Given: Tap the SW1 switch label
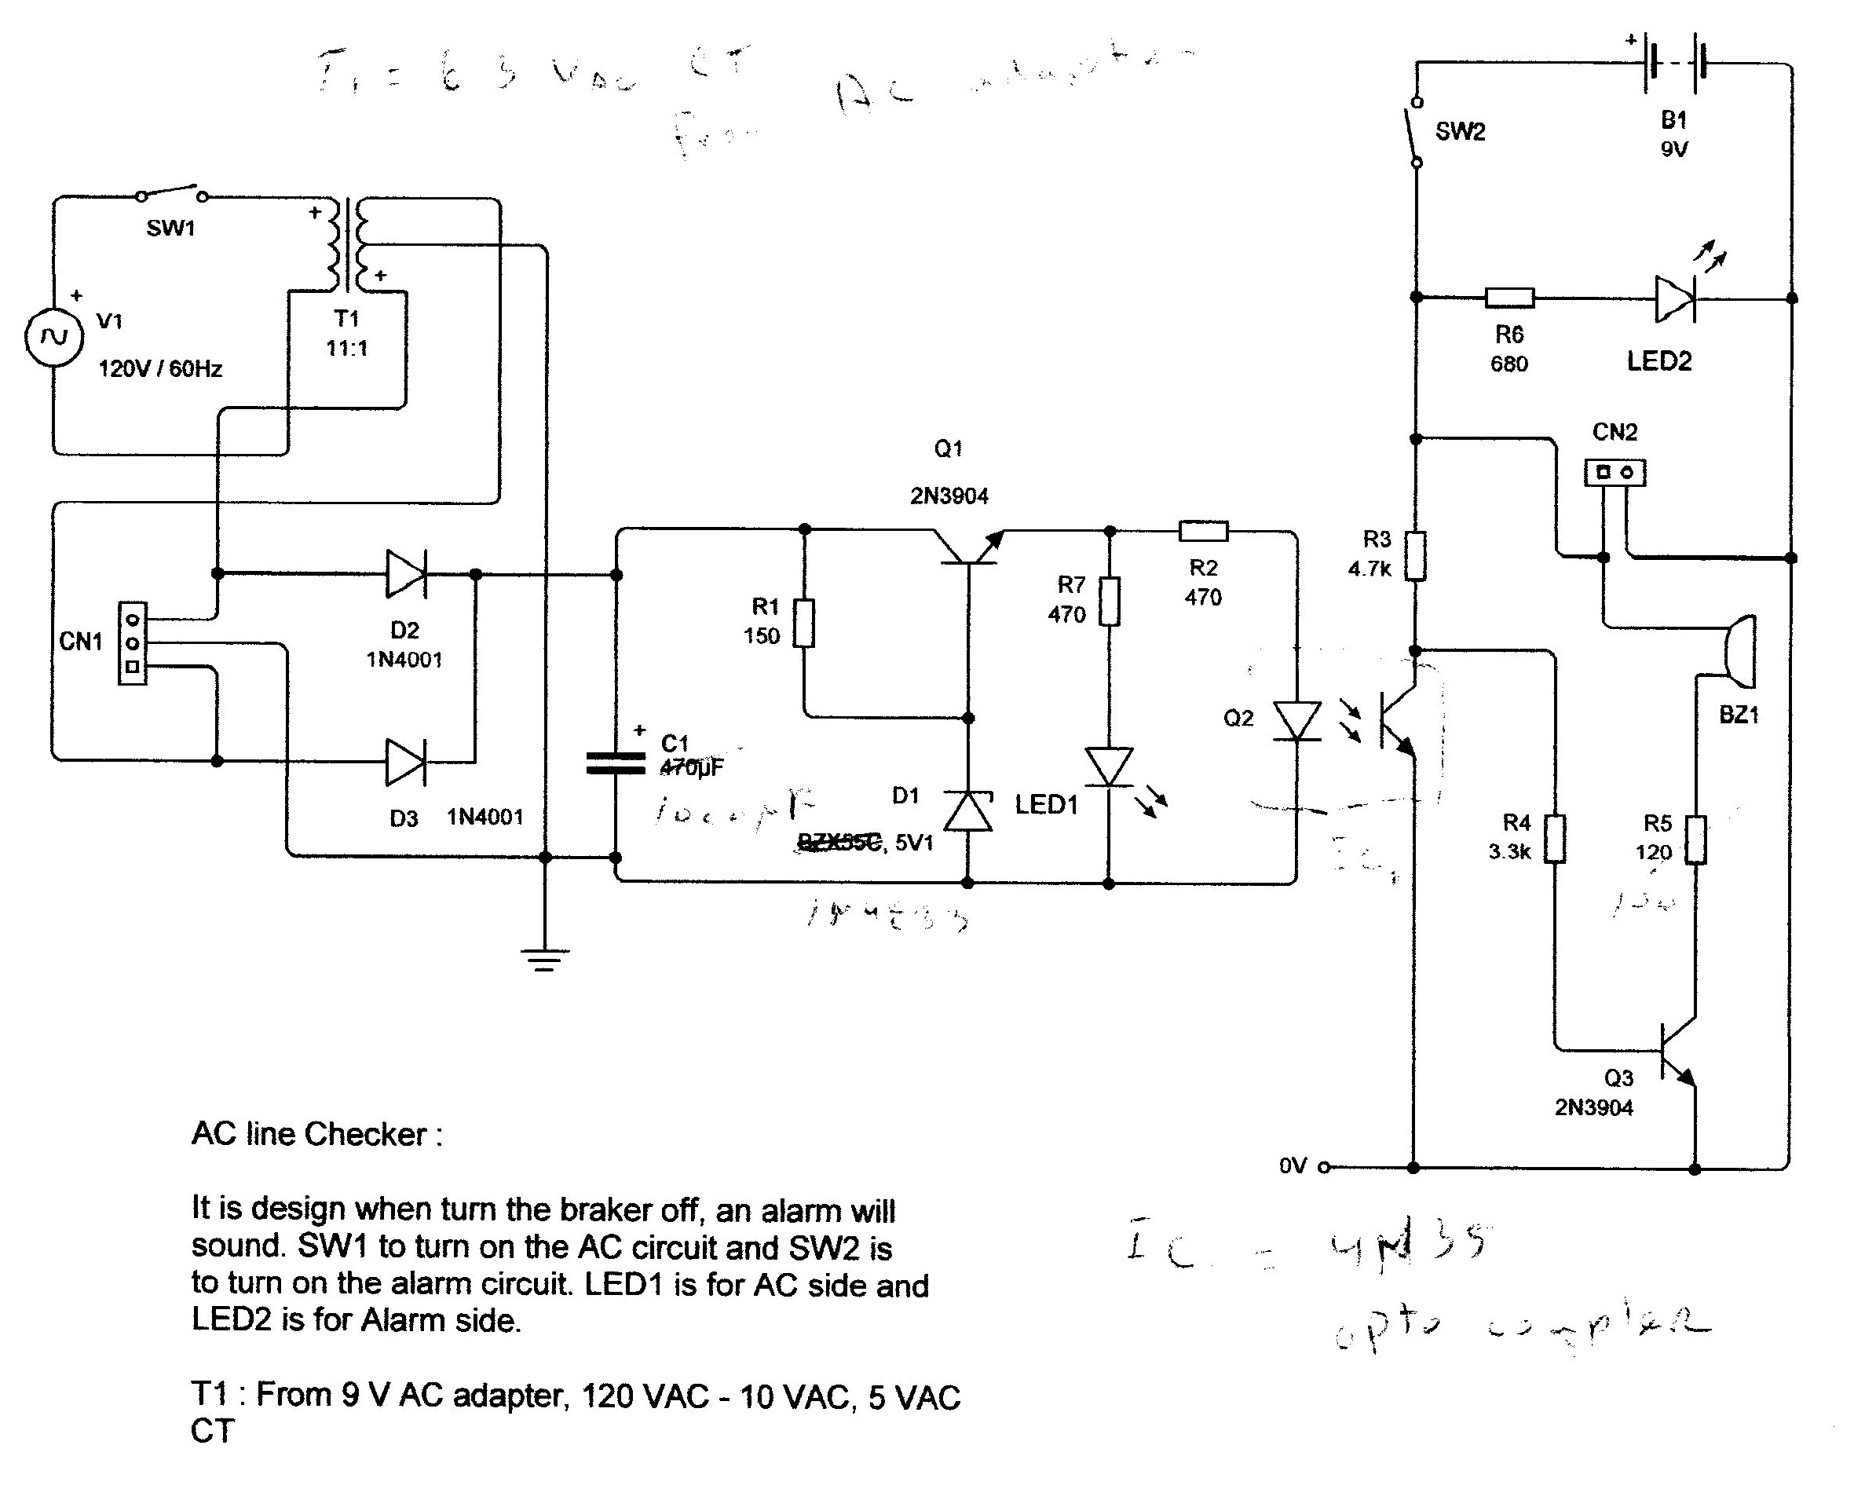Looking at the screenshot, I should (x=170, y=229).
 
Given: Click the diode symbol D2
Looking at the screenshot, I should (x=406, y=574).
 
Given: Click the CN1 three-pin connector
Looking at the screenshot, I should (x=132, y=643).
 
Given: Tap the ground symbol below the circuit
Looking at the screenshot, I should (x=545, y=960).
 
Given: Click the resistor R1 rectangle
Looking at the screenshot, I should (x=804, y=623).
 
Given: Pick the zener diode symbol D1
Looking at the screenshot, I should (x=968, y=811).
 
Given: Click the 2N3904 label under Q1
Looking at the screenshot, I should (x=949, y=497).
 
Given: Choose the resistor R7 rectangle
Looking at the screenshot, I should (x=1109, y=602).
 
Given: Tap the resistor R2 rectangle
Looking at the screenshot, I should (x=1203, y=531).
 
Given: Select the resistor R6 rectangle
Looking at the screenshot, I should (x=1508, y=298).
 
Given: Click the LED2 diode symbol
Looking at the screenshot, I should (x=1674, y=299).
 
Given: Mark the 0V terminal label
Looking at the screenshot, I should (x=1293, y=1166).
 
